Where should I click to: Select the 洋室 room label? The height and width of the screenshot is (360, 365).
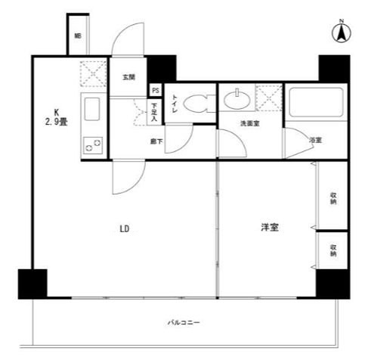point(270,227)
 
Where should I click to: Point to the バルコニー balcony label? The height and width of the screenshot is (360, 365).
point(184,323)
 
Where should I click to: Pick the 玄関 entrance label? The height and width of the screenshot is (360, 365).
point(128,77)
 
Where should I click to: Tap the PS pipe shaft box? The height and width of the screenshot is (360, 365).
point(155,89)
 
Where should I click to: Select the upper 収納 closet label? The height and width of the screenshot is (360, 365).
point(333,200)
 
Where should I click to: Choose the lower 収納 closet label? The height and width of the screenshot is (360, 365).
point(333,252)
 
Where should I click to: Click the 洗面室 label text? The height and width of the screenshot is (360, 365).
point(250,123)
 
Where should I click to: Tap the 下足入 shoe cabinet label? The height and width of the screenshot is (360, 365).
point(154,112)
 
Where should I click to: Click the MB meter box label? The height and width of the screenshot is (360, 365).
point(78,36)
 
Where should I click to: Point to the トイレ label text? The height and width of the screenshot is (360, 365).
point(175,104)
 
